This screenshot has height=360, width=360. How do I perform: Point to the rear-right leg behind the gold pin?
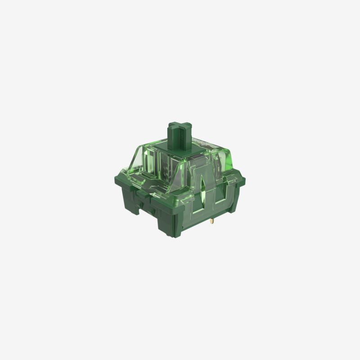click(x=229, y=207)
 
